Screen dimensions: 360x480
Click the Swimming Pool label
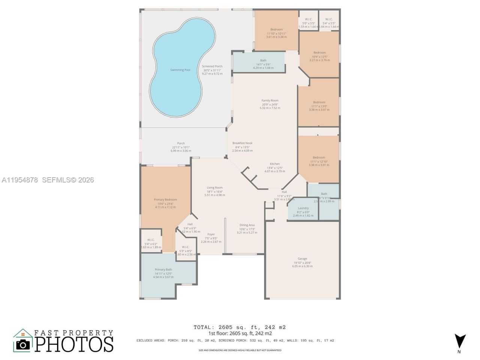click(x=180, y=70)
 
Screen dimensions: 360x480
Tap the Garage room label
click(x=302, y=259)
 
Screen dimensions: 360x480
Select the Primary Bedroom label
click(x=165, y=199)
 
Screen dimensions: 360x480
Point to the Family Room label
click(x=270, y=100)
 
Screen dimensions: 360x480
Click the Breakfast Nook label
click(x=242, y=143)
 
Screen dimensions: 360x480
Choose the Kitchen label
click(x=275, y=164)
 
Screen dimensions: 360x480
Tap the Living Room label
click(x=214, y=187)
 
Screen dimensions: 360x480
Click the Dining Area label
click(x=247, y=225)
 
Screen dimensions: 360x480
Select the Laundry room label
click(x=303, y=208)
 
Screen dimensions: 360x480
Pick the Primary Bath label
click(x=163, y=270)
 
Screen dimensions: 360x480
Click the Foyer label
click(x=211, y=234)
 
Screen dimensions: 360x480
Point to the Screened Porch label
click(x=212, y=66)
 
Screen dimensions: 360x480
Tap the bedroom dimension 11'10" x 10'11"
click(x=276, y=33)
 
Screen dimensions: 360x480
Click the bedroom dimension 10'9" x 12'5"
click(x=319, y=57)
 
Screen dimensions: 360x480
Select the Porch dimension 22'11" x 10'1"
click(x=181, y=147)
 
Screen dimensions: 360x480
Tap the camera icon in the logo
click(x=23, y=344)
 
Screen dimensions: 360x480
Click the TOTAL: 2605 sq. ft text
click(x=239, y=327)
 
